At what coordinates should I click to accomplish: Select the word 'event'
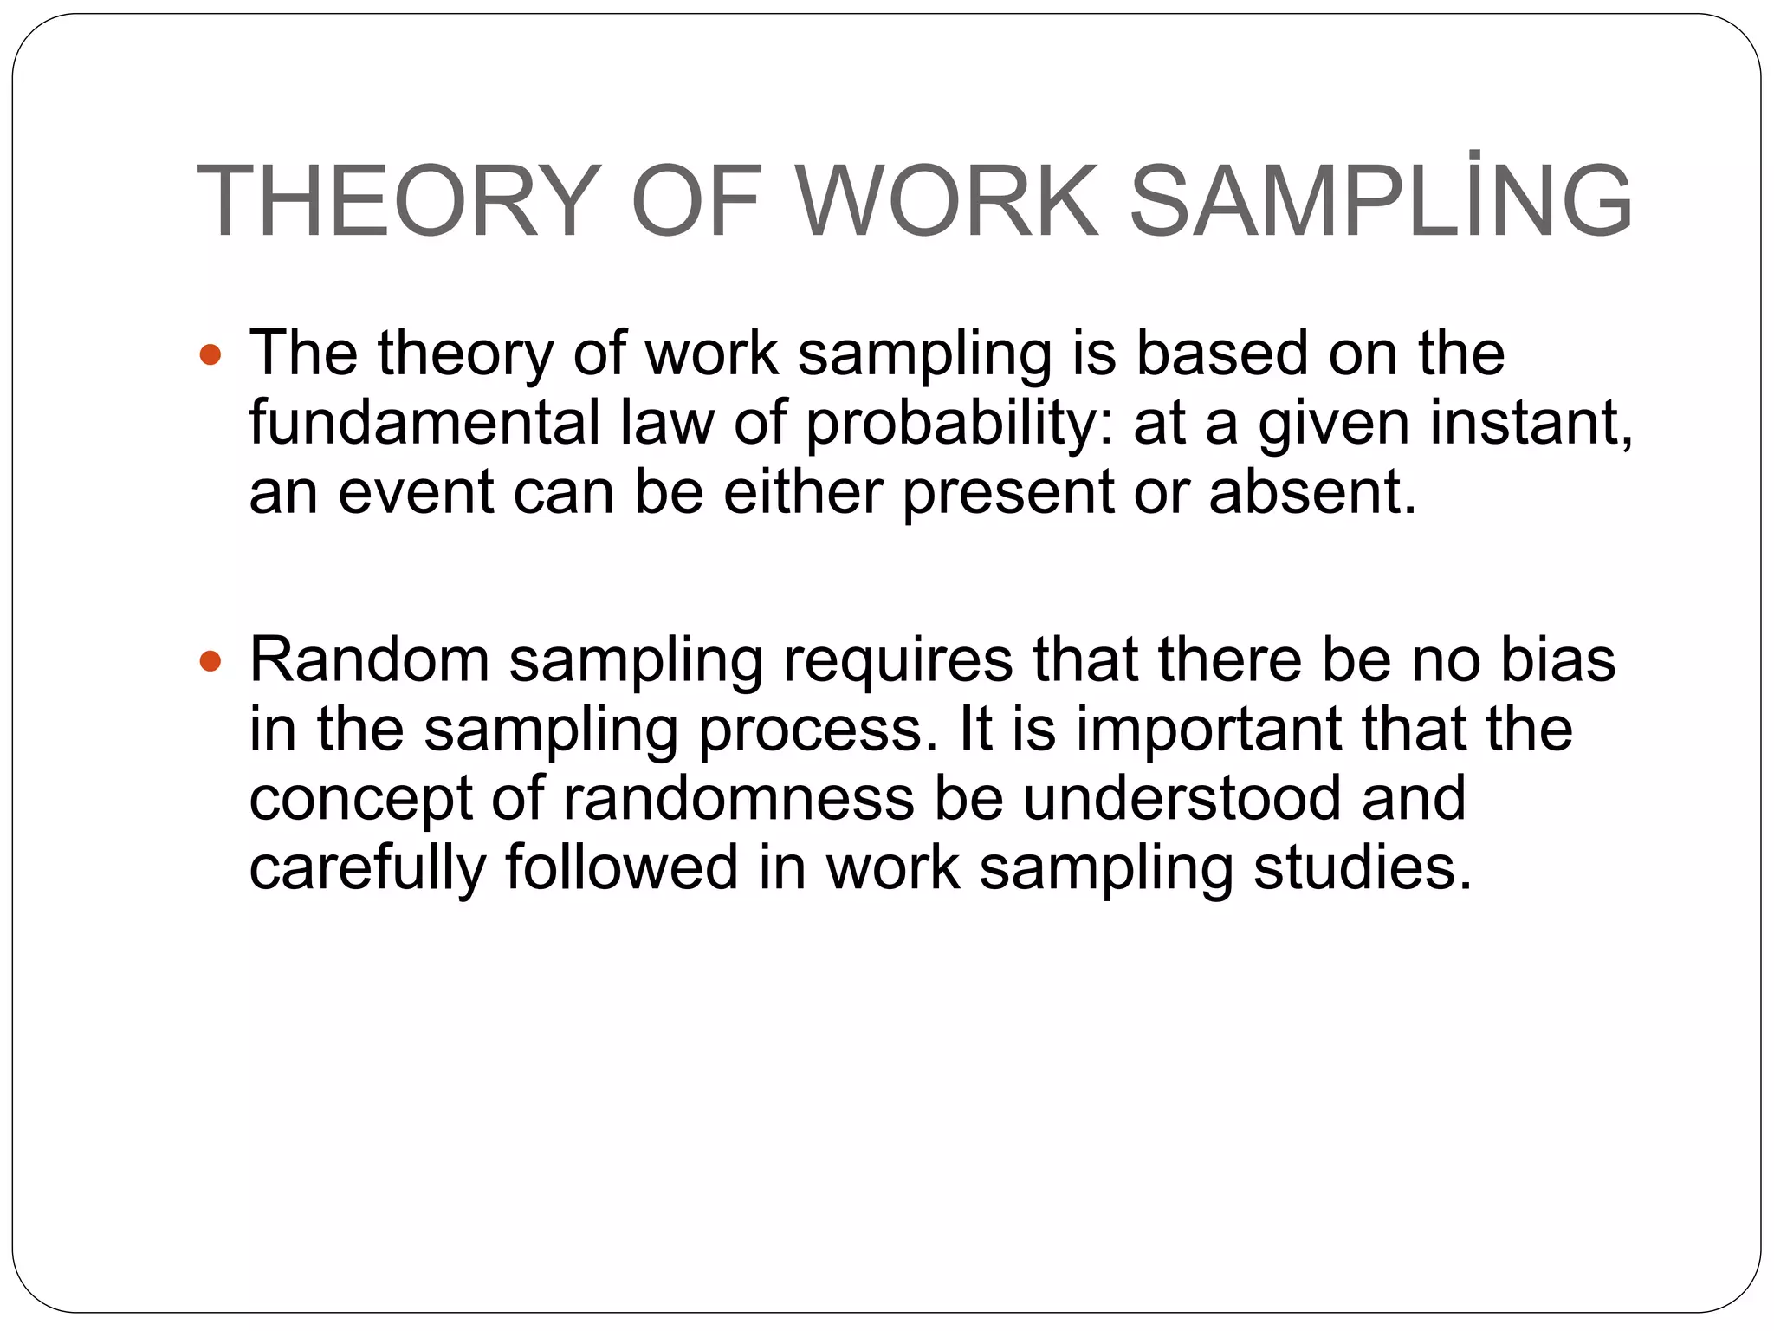[x=416, y=492]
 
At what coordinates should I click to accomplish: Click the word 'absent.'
[x=1313, y=491]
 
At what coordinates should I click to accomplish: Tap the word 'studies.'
[x=1363, y=867]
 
